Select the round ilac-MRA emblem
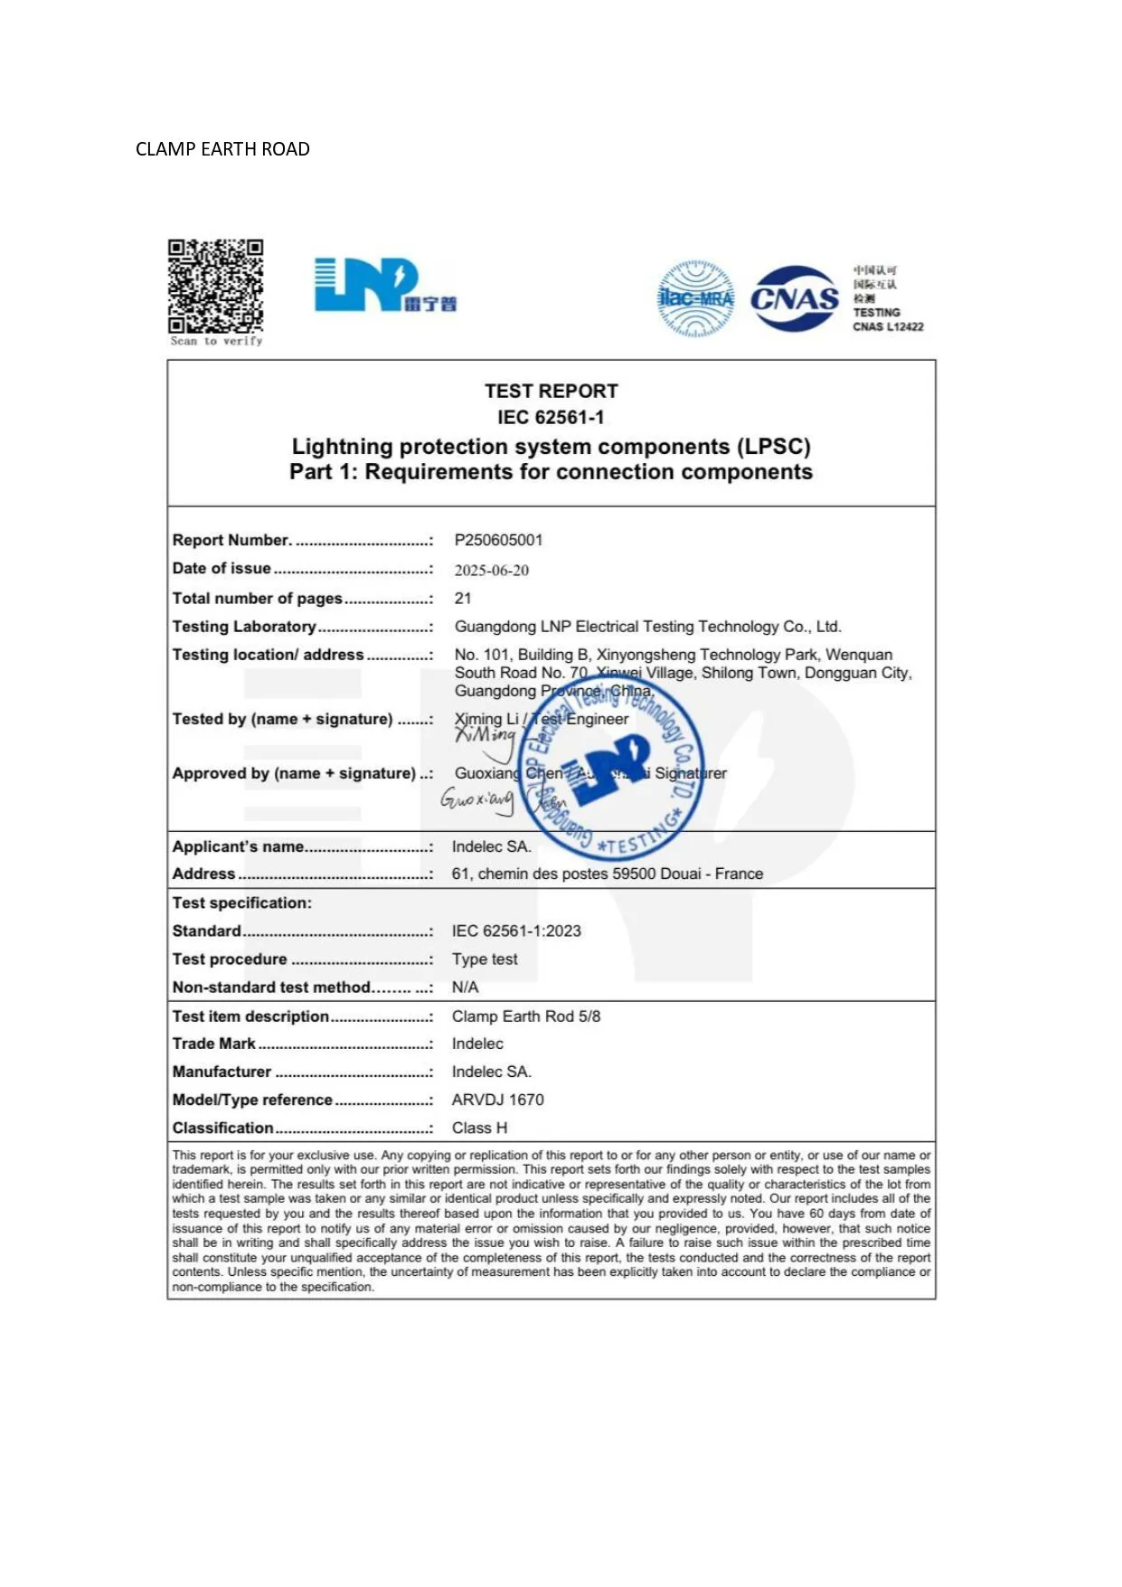[695, 298]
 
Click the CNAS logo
[795, 298]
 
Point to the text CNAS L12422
[888, 327]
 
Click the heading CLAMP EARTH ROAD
[222, 149]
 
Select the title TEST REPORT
[551, 391]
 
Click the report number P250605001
[498, 540]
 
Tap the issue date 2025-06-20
[491, 570]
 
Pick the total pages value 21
[463, 598]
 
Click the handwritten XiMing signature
[486, 738]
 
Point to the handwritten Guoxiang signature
[477, 799]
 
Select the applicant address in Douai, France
[607, 874]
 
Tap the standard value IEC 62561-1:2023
[516, 930]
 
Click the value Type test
[485, 959]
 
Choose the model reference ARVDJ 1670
[497, 1100]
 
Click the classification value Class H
[479, 1128]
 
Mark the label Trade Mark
[214, 1044]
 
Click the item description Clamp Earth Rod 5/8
[525, 1016]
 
